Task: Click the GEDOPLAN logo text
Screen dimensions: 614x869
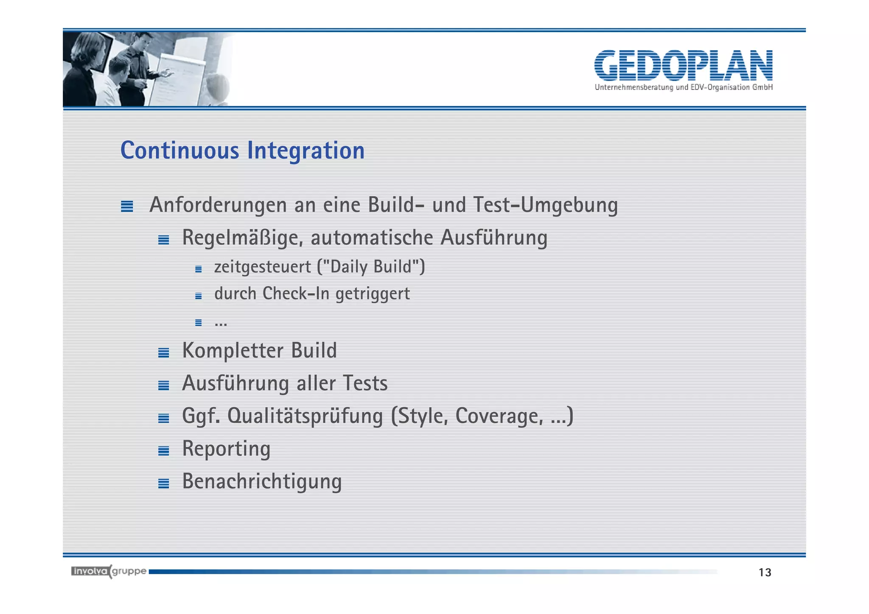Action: tap(683, 65)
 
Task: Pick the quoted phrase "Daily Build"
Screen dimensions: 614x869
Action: tap(371, 267)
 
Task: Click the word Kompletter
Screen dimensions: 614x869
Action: tap(233, 351)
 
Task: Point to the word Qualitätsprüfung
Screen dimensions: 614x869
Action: tap(305, 416)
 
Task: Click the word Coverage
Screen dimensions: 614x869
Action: tap(499, 416)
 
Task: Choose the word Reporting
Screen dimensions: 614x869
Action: tap(226, 449)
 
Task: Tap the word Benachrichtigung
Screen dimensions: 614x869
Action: tap(262, 482)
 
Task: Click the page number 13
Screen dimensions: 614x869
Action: tap(765, 573)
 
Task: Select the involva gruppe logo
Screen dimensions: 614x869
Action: tap(109, 572)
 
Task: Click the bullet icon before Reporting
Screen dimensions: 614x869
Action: tap(163, 451)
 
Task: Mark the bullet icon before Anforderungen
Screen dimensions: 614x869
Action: tap(127, 207)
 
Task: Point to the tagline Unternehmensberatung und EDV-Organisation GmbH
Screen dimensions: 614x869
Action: tap(683, 87)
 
